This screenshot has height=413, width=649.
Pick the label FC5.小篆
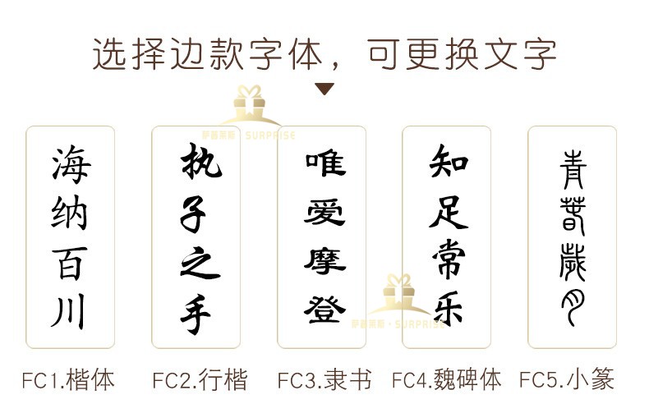pyautogui.click(x=567, y=380)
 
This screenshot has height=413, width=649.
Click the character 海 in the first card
pyautogui.click(x=71, y=165)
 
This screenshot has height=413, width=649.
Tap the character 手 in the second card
pyautogui.click(x=197, y=314)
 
